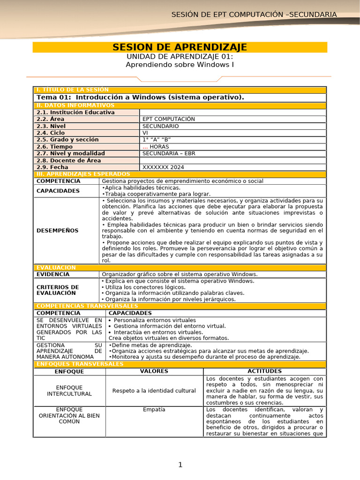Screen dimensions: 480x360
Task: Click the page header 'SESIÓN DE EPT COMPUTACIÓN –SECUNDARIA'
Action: (254, 15)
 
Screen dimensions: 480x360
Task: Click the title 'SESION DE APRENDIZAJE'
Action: (180, 47)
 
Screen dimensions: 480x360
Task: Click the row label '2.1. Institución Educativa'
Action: (75, 112)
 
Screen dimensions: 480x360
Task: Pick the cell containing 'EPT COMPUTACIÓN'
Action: (168, 119)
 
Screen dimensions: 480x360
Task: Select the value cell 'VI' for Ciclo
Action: (145, 133)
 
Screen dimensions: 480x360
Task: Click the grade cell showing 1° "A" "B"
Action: (157, 140)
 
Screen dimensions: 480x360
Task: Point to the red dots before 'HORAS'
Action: (145, 147)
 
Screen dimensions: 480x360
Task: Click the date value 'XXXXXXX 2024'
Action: (163, 167)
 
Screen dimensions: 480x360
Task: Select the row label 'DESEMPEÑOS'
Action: (58, 231)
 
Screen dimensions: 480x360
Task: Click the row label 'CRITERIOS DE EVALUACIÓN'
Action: (58, 290)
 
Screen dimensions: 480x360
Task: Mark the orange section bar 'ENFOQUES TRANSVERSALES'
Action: (77, 364)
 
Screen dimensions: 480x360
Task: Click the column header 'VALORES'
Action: (154, 371)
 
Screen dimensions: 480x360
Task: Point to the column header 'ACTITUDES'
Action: (264, 371)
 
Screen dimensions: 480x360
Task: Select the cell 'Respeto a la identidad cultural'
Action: (154, 391)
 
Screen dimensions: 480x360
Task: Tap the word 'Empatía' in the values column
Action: (154, 410)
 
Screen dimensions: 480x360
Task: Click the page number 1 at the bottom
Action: (180, 465)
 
